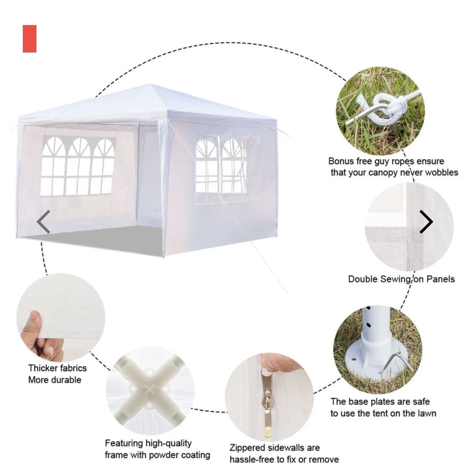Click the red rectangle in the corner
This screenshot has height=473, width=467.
(x=30, y=39)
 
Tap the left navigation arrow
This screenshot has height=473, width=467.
(x=43, y=222)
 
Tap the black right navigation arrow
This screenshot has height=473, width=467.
(x=426, y=222)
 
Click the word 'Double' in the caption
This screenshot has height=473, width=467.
(x=363, y=279)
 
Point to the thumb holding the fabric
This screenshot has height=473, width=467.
(x=34, y=322)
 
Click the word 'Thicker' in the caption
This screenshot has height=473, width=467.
(x=43, y=368)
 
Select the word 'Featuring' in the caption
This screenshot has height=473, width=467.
(x=124, y=443)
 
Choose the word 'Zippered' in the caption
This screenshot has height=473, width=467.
(x=247, y=448)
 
